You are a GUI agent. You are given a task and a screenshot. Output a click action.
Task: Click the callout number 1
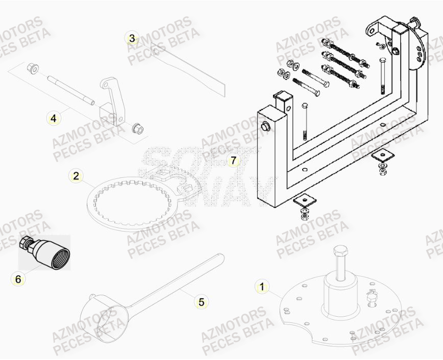pyautogui.click(x=262, y=287)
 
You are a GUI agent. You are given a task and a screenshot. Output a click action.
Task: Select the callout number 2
pyautogui.click(x=76, y=176)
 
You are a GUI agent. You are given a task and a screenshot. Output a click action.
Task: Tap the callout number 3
pyautogui.click(x=132, y=38)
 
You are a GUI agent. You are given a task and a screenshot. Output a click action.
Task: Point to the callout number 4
pyautogui.click(x=53, y=118)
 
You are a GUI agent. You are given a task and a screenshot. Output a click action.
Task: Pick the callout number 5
pyautogui.click(x=201, y=302)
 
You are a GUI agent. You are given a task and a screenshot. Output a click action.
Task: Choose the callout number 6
pyautogui.click(x=18, y=279)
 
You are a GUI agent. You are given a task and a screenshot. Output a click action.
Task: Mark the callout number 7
pyautogui.click(x=233, y=161)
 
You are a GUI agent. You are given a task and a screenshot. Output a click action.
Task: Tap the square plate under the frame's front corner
pyautogui.click(x=305, y=200)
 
